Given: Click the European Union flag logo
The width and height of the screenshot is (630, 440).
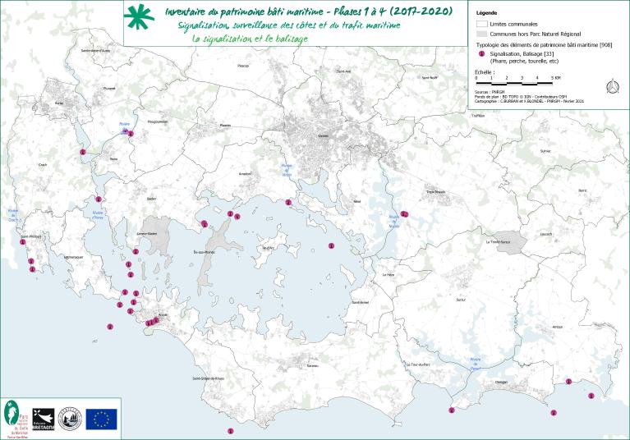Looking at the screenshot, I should (101, 419).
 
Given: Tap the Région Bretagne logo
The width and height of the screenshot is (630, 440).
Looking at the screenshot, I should (43, 419).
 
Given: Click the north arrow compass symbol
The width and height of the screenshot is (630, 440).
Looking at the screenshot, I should (611, 86).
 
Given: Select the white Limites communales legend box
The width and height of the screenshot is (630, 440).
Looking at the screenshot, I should (481, 25).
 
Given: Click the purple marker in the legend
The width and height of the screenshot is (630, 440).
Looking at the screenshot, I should (481, 54).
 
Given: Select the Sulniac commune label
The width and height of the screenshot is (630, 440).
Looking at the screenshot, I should (544, 152).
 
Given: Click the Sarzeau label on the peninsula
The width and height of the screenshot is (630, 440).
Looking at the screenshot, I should (312, 366).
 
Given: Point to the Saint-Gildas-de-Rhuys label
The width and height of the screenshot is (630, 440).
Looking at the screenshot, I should (209, 378).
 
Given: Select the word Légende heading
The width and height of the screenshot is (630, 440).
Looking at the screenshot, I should (486, 13).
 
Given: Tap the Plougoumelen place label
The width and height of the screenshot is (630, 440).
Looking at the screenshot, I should (157, 121).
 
